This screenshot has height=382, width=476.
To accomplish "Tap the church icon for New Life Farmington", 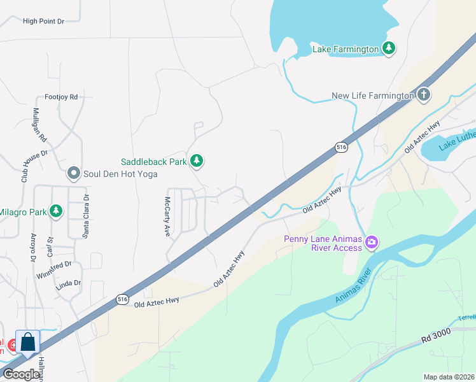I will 424,95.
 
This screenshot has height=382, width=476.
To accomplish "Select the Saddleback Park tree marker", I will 197,161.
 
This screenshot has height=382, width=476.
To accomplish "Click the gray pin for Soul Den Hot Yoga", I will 74,173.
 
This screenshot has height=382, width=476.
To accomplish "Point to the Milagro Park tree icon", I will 57,211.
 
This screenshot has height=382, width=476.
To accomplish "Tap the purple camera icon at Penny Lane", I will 372,243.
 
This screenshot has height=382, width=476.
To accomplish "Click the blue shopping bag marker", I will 28,342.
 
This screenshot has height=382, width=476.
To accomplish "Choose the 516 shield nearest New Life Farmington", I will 342,147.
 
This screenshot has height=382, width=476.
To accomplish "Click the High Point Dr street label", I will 44,21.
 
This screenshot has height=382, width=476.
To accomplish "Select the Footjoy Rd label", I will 61,97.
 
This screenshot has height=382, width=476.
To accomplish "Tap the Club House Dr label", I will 26,166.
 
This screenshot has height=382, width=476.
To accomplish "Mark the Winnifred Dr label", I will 54,264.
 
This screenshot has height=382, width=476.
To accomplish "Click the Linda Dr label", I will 69,283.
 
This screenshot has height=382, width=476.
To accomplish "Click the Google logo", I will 21,374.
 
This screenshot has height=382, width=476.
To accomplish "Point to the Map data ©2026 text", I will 449,377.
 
